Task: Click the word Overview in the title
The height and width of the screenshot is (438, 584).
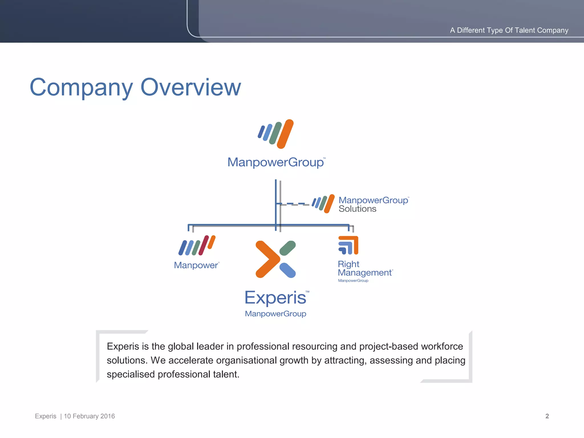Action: pos(190,87)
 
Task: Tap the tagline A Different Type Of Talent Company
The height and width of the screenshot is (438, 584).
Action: pos(509,30)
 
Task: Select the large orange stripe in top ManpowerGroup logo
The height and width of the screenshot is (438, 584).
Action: pos(285,134)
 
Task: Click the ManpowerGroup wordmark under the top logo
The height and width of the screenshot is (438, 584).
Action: pos(275,162)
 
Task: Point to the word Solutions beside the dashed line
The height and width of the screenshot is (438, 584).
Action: pos(357,209)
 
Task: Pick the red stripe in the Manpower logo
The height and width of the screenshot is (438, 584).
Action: pos(204,245)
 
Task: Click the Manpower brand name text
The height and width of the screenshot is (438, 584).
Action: pos(196,265)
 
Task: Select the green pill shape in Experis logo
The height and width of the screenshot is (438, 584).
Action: pos(287,248)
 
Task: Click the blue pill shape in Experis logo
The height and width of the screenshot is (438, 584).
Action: pos(287,270)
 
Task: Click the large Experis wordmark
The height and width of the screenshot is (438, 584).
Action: pos(275,298)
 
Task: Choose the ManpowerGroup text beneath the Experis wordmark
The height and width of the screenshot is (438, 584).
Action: pos(275,314)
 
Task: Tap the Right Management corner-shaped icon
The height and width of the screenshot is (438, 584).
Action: pos(348,245)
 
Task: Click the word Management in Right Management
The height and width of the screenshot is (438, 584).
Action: pos(365,273)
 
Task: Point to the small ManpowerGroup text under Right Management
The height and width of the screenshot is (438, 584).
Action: pos(353,281)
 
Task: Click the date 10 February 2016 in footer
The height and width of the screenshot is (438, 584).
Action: pos(89,416)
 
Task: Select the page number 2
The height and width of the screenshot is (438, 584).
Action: pos(547,416)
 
